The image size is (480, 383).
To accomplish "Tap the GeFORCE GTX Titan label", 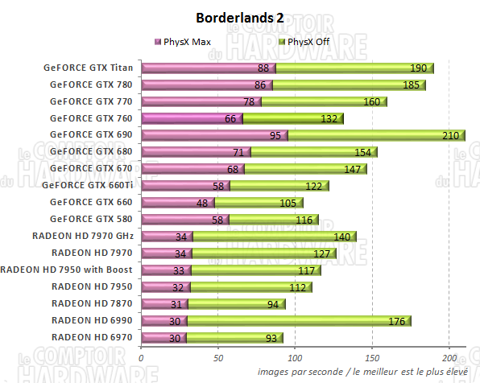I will (88, 68).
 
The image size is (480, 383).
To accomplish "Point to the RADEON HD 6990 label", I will (93, 320).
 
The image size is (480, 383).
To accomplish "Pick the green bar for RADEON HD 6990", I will (298, 320).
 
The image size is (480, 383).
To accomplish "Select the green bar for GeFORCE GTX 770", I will (322, 101).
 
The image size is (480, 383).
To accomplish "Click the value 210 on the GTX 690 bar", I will (450, 135).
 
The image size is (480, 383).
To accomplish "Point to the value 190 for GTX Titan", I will (419, 68).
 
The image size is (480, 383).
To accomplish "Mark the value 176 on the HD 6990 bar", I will (397, 320).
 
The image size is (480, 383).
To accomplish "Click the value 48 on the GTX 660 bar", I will (202, 202).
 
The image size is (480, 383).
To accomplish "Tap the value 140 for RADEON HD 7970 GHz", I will (341, 236).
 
